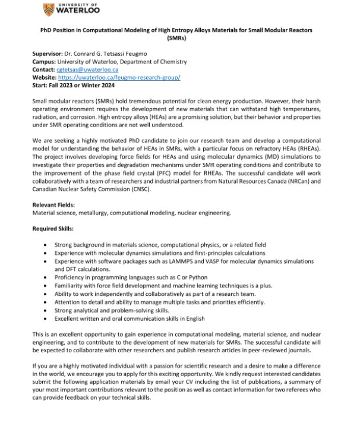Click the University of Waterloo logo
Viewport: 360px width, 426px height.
[x=72, y=10]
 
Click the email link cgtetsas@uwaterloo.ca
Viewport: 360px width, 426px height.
[x=87, y=70]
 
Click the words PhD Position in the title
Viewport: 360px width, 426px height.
[x=60, y=29]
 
